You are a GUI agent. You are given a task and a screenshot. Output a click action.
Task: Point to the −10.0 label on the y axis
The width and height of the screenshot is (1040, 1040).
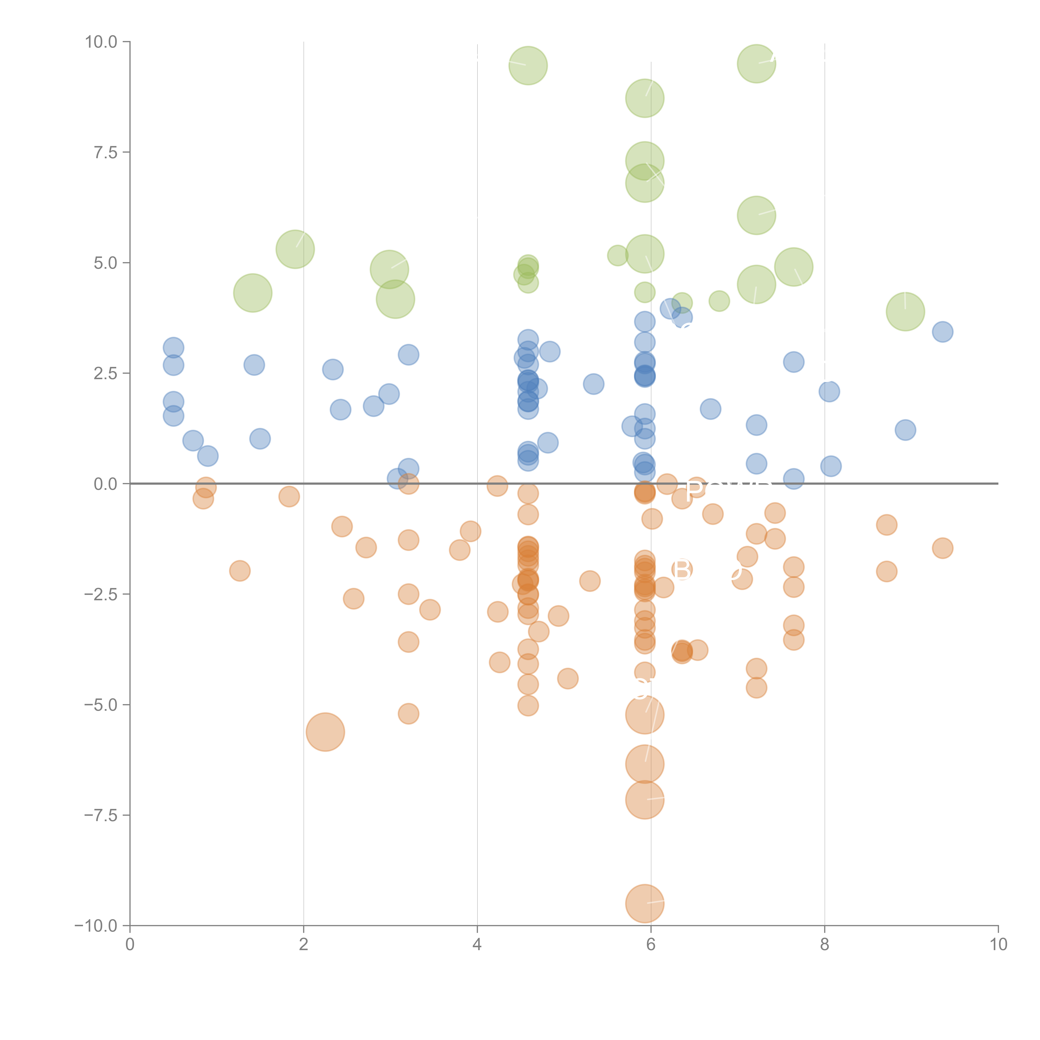(96, 926)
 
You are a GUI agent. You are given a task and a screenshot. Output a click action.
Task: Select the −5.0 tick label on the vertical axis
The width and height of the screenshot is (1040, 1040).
(100, 705)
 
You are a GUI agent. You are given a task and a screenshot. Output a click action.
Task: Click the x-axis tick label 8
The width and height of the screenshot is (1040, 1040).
(824, 945)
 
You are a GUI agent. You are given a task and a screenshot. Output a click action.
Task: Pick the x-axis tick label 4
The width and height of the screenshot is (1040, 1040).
(477, 945)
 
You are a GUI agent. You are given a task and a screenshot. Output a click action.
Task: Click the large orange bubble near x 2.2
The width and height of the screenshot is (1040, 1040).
(325, 732)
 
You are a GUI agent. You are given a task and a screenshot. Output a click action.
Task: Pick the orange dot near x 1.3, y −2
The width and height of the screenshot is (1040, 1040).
(240, 571)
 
